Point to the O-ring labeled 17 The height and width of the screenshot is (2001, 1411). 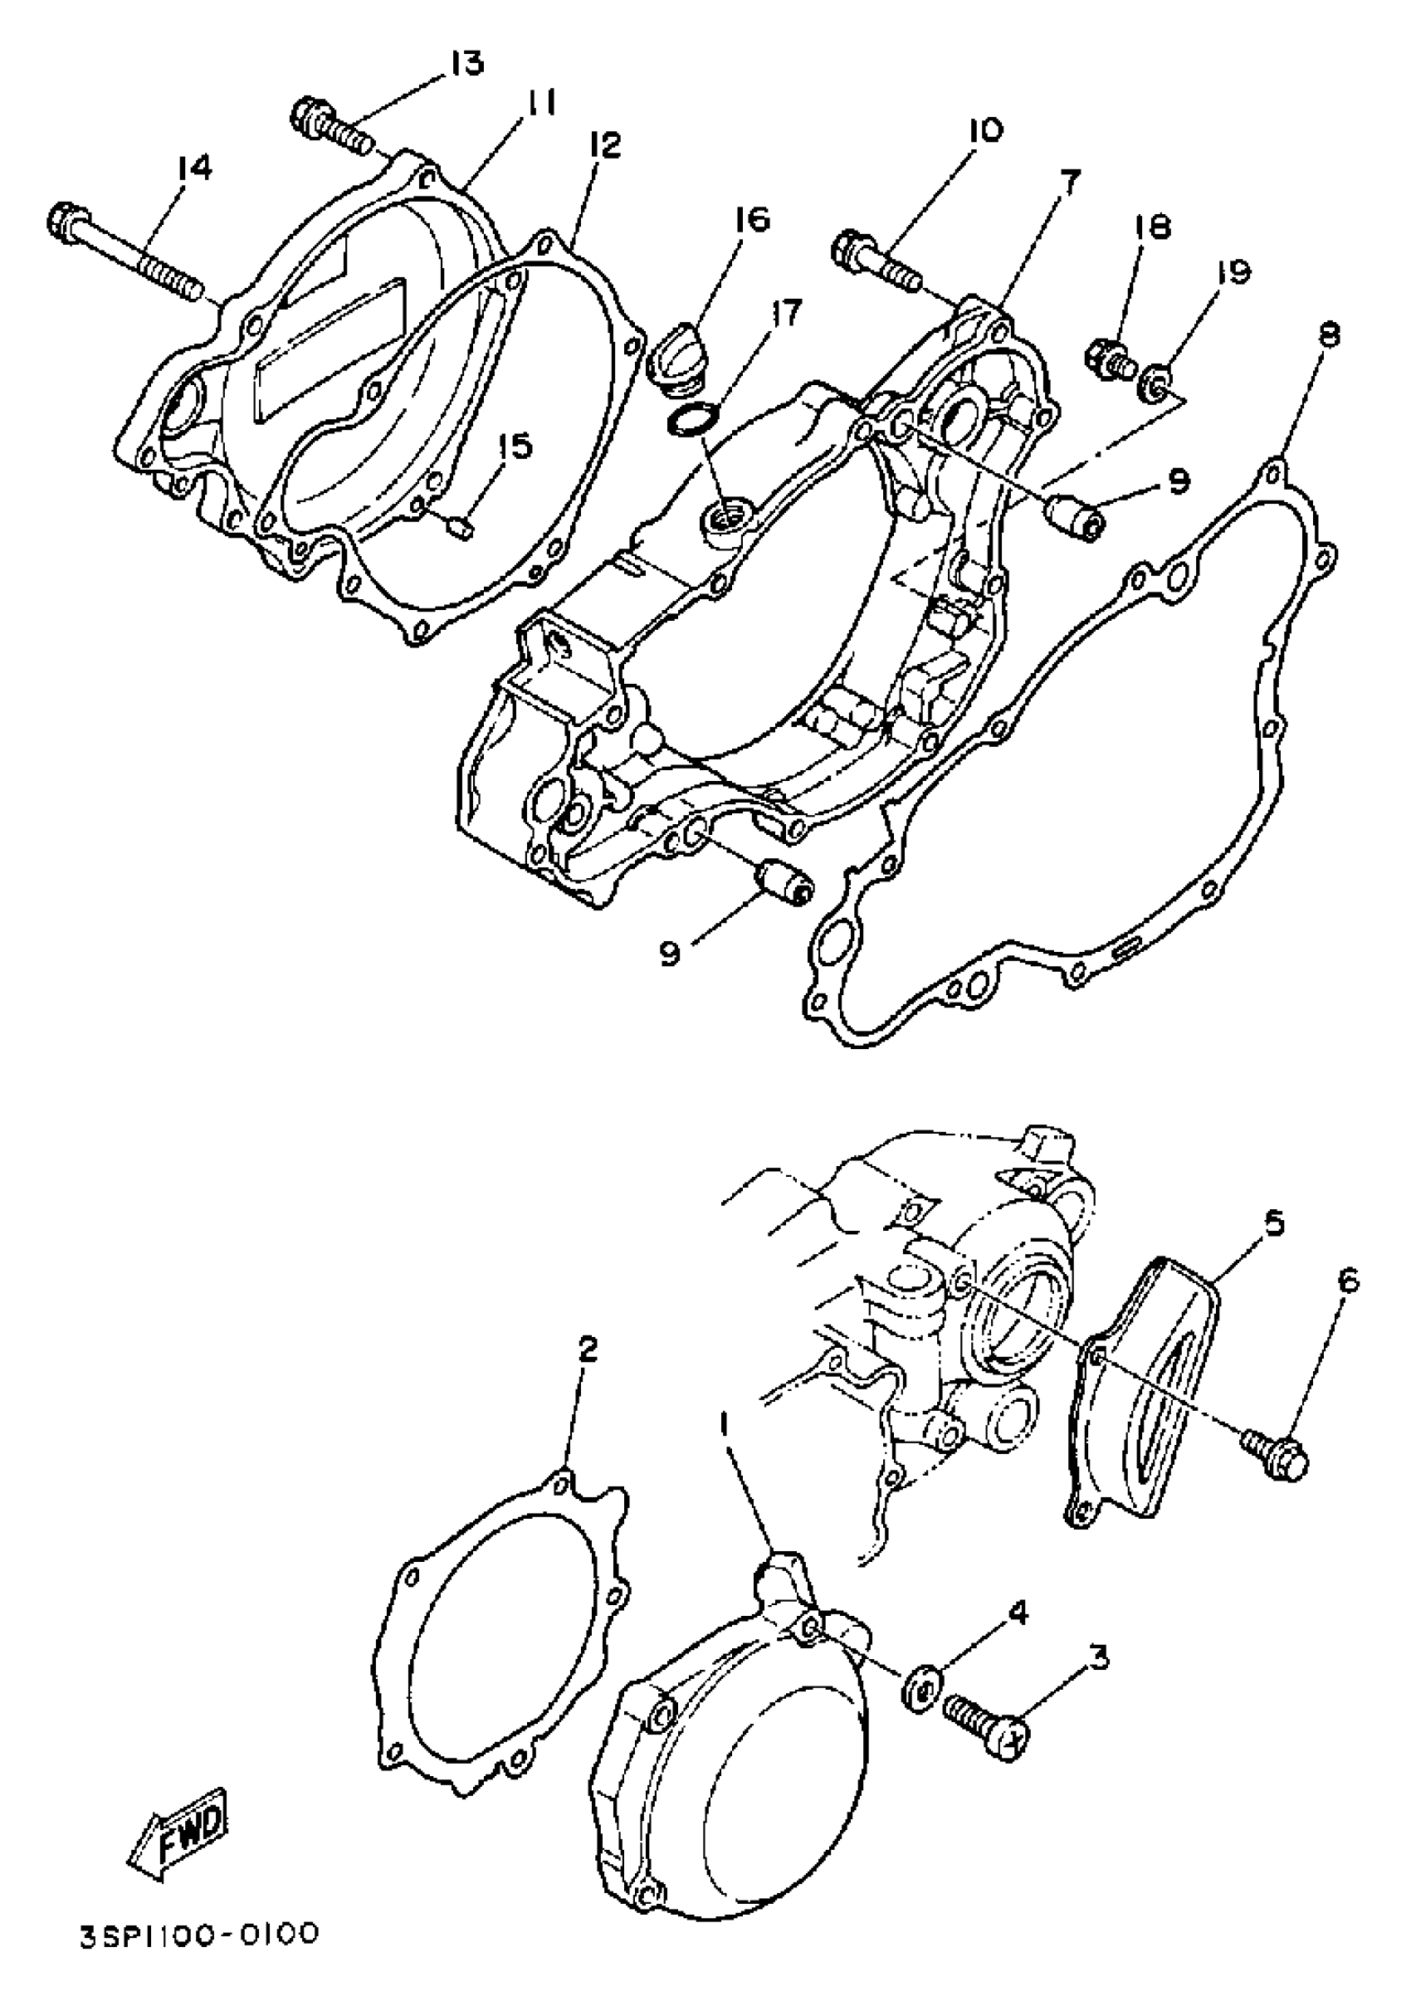[691, 422]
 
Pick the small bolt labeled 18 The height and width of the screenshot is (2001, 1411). [1109, 359]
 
